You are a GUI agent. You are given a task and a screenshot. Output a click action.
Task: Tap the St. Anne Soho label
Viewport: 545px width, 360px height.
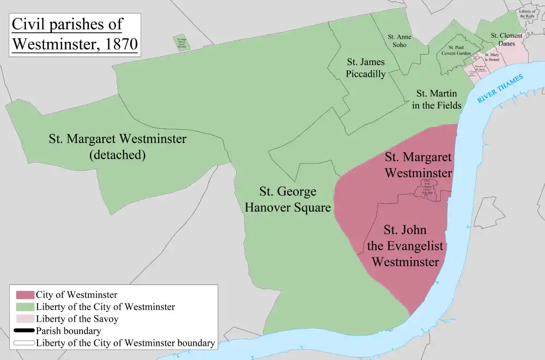(x=399, y=40)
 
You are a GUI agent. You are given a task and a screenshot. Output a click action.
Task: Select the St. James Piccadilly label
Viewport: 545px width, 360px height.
(x=366, y=68)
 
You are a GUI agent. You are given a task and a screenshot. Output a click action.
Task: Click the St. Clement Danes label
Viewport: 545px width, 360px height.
(x=506, y=39)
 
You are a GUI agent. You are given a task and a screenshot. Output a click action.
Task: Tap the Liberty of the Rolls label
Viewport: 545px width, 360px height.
(x=527, y=14)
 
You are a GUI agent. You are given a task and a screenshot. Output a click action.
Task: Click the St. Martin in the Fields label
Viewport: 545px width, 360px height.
(x=437, y=99)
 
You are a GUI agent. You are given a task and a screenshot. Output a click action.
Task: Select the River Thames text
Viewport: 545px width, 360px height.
(x=500, y=89)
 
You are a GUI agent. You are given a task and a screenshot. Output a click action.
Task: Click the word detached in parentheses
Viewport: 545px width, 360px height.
(x=117, y=155)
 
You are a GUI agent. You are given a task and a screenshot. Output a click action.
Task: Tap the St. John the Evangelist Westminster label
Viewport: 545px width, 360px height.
(x=405, y=245)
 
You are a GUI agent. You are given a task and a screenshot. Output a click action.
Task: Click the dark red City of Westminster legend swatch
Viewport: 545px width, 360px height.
(x=25, y=296)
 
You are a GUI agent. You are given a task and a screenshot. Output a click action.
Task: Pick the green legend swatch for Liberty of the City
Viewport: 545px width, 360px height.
(x=25, y=307)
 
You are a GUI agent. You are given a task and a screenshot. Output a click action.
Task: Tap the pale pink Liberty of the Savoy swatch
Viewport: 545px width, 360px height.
(x=25, y=319)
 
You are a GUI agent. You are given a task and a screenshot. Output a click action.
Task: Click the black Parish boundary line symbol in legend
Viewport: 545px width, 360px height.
(x=25, y=331)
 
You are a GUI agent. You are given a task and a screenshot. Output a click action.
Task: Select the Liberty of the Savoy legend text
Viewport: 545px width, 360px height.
(x=77, y=319)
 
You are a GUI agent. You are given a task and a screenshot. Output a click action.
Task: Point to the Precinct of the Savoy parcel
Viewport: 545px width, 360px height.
(x=480, y=68)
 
